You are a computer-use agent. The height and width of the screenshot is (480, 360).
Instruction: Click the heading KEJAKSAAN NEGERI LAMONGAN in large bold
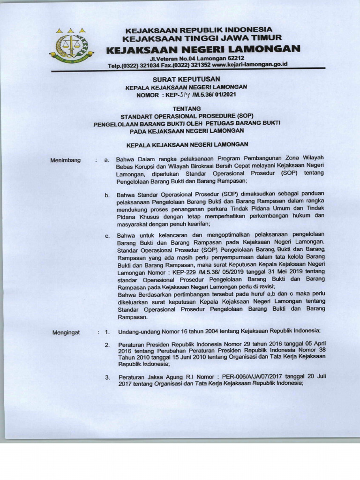coord(202,49)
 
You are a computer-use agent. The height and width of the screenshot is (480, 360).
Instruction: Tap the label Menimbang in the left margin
coord(65,160)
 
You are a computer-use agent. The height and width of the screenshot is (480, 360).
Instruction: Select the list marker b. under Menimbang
coord(107,195)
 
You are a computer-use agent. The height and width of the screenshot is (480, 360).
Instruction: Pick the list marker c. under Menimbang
coord(107,235)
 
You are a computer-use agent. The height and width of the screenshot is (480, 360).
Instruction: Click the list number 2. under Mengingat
coord(107,345)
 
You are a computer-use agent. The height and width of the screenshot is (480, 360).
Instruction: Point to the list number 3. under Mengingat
coord(107,377)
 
